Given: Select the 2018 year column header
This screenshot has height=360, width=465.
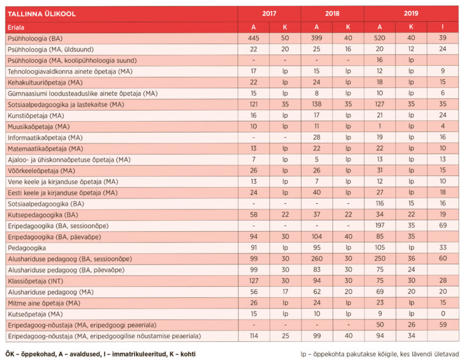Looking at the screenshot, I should click(332, 13).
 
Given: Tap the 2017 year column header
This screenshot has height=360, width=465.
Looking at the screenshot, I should click(269, 13).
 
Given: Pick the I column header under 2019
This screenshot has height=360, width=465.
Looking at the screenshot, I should click(443, 27).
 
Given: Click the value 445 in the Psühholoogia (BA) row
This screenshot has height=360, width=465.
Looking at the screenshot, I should click(254, 38).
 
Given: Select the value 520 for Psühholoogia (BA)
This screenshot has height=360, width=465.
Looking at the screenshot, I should click(380, 38).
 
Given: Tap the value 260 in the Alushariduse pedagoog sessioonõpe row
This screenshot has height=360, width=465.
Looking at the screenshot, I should click(317, 259).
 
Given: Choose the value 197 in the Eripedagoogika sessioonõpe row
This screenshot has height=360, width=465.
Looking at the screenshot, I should click(380, 226).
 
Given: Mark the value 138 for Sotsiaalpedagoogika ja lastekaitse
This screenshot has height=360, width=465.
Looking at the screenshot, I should click(317, 105).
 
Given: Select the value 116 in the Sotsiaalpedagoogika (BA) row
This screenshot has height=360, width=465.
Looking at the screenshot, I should click(380, 204).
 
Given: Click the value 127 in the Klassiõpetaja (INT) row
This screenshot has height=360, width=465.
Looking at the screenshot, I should click(254, 281).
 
